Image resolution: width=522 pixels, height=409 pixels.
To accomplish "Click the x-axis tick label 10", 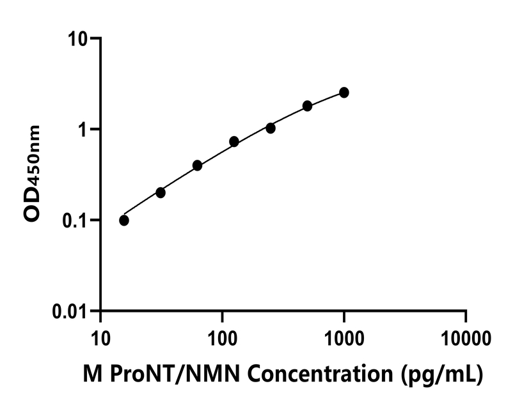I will click(100, 336).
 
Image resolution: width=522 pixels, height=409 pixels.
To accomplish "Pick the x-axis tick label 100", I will click(222, 336).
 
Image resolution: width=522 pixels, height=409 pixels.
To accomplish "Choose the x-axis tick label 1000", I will click(344, 336).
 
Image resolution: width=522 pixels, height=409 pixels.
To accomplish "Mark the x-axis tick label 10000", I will click(466, 336).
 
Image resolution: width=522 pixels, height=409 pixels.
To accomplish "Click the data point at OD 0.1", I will click(124, 220).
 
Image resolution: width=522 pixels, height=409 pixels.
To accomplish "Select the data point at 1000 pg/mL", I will click(344, 93).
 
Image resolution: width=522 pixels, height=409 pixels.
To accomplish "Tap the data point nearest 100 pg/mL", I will click(234, 141).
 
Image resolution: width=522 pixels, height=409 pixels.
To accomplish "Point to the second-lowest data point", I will click(161, 192).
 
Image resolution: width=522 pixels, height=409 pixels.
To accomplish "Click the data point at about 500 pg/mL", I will click(308, 105).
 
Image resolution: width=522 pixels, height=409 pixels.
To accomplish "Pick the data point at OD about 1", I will click(271, 128).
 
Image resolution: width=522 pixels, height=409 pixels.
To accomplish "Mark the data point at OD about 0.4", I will click(197, 166).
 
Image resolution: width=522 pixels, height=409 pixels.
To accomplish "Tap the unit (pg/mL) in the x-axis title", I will click(441, 374).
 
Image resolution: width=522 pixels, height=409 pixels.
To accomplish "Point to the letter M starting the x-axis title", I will click(91, 374).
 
